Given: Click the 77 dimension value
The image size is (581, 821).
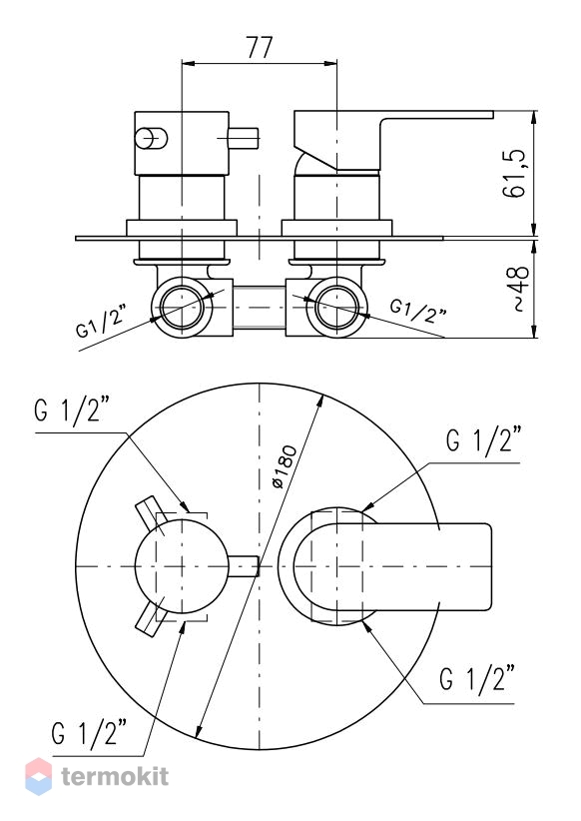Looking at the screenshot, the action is pyautogui.click(x=260, y=48).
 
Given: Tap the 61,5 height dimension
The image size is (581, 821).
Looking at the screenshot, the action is pyautogui.click(x=514, y=173).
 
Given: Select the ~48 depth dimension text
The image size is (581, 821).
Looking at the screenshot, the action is pyautogui.click(x=519, y=289).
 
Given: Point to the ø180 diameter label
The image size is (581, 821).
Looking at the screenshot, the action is pyautogui.click(x=286, y=466).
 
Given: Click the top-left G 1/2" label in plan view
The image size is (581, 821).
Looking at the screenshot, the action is pyautogui.click(x=72, y=410).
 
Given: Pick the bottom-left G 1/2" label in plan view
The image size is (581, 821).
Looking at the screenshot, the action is pyautogui.click(x=90, y=732).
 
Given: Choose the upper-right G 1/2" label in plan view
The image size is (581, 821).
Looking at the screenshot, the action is pyautogui.click(x=484, y=439).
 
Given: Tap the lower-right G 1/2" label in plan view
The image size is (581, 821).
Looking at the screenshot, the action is pyautogui.click(x=477, y=679).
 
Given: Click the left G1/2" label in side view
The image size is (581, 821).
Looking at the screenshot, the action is pyautogui.click(x=101, y=321).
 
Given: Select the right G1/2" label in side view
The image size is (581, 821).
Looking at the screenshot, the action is pyautogui.click(x=418, y=311).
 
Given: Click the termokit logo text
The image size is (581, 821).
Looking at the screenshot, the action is pyautogui.click(x=115, y=776).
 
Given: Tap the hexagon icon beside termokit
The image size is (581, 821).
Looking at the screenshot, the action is pyautogui.click(x=39, y=776).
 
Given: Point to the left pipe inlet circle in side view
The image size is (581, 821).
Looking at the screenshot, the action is pyautogui.click(x=182, y=307).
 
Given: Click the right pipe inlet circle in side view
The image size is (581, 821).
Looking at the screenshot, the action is pyautogui.click(x=337, y=307).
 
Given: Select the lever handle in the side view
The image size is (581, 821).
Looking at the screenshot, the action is pyautogui.click(x=393, y=140).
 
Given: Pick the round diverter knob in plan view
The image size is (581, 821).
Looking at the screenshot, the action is pyautogui.click(x=182, y=566).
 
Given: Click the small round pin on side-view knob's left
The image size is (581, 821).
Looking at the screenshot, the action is pyautogui.click(x=152, y=138).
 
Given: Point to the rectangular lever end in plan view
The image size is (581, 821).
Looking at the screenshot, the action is pyautogui.click(x=465, y=566).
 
